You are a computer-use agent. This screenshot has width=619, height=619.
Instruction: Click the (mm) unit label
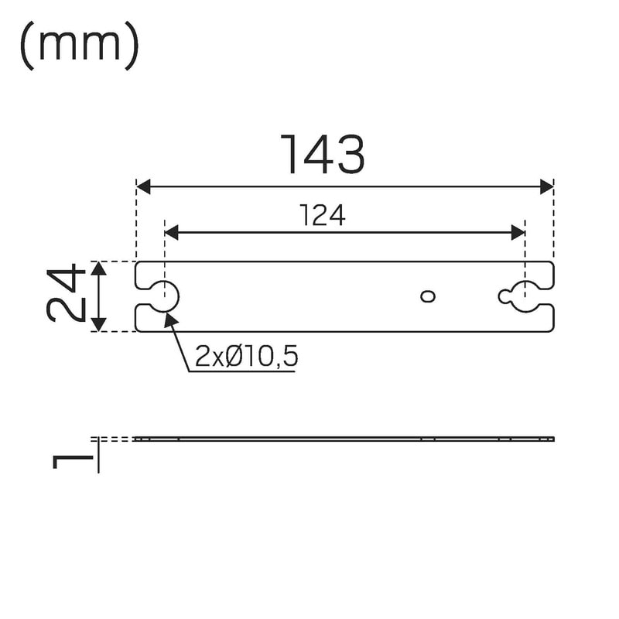tap(80, 46)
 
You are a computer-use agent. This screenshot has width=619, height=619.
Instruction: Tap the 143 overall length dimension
tap(323, 154)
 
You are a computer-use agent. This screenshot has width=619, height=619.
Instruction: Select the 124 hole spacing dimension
tap(323, 215)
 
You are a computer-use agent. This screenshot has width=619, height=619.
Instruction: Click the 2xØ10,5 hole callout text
tap(246, 356)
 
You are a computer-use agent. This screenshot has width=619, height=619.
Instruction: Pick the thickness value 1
tap(73, 461)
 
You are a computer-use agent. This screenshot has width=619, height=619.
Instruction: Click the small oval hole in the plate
tap(428, 296)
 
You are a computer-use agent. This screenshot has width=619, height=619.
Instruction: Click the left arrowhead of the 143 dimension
tap(143, 186)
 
